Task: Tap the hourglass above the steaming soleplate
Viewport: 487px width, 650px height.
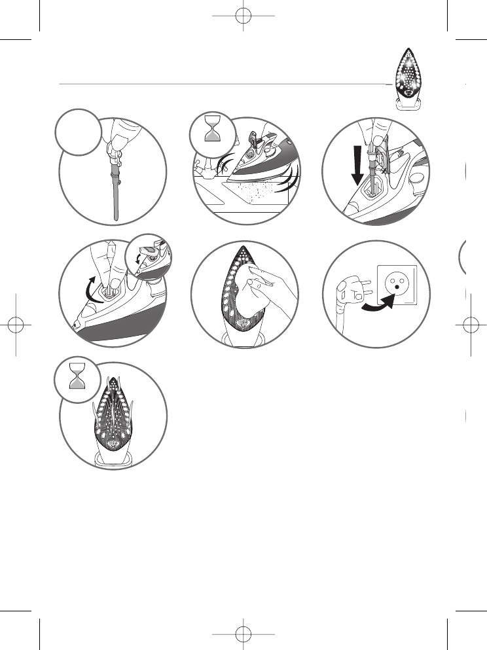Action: tap(78, 385)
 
